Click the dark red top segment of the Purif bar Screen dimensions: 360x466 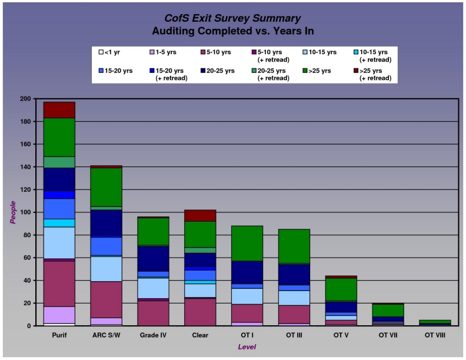coord(59,110)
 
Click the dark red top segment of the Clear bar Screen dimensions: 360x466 coord(200,215)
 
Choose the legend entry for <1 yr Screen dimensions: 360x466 coord(112,52)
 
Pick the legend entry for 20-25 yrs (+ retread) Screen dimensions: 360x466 coord(272,74)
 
